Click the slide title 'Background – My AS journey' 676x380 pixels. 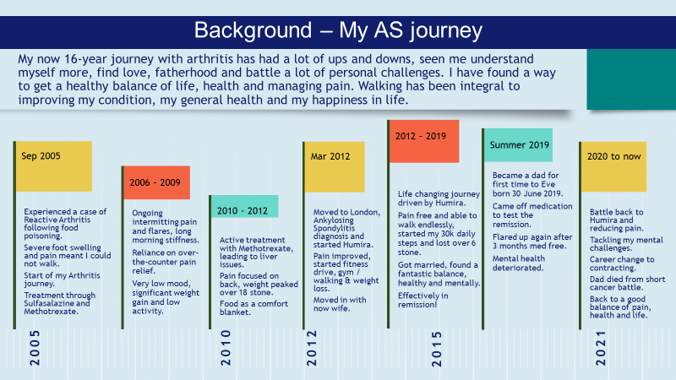point(338,31)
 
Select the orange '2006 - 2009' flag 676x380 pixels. point(156,182)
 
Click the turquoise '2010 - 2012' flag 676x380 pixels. point(244,206)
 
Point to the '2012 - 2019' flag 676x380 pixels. point(424,141)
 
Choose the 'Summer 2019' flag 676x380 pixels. point(518,145)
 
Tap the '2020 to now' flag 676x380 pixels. point(613,166)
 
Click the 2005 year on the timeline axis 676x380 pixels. point(35,348)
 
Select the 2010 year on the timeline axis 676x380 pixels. point(226,348)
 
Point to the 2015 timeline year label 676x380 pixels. point(436,349)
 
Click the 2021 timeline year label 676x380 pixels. point(601,348)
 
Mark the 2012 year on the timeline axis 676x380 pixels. point(312,348)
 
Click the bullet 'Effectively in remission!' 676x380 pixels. point(423,301)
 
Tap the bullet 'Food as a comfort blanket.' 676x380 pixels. point(254,307)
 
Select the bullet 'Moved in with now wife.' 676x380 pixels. point(340,304)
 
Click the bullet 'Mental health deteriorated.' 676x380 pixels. point(519,263)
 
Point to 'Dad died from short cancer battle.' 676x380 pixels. point(627,283)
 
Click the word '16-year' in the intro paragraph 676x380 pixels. point(87,59)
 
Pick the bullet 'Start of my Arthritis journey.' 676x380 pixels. point(62,280)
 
